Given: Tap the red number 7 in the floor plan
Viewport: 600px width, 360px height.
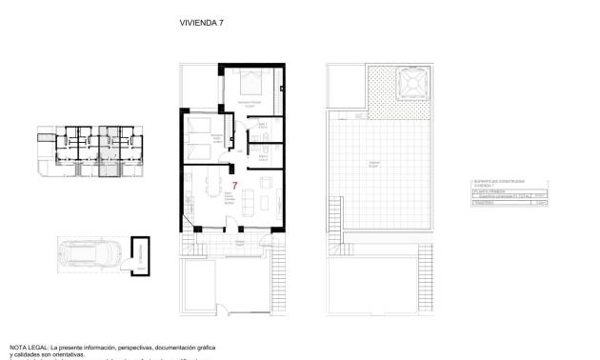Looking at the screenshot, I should tap(234, 185).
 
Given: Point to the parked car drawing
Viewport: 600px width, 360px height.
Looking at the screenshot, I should tap(90, 256).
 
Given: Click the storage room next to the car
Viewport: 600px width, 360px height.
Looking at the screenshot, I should tap(140, 255).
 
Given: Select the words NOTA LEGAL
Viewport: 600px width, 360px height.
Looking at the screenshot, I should tap(30, 348).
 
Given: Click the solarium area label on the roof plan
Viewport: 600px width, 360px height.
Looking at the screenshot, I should tap(374, 165).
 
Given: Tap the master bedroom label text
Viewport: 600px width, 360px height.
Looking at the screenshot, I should tap(250, 105).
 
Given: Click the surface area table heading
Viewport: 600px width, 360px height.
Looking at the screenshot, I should tap(496, 180).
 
